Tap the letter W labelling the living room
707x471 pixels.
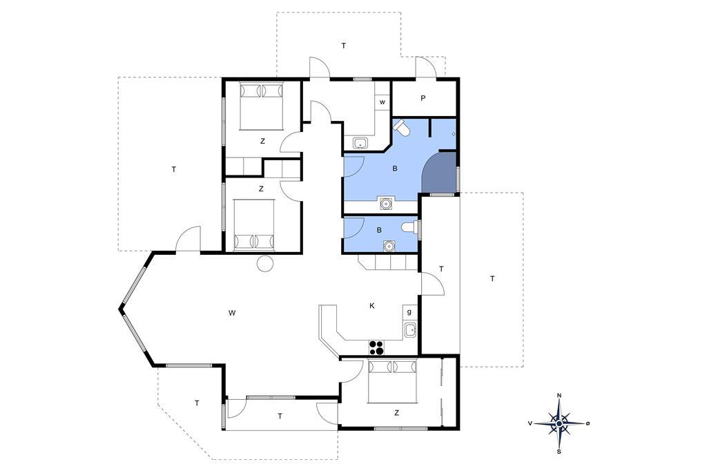(x=232, y=313)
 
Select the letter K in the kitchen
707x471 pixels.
(x=372, y=306)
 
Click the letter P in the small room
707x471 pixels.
(x=423, y=97)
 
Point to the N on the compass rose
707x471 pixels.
(x=559, y=396)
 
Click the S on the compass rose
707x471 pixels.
(x=559, y=451)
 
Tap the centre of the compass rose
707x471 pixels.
(x=559, y=423)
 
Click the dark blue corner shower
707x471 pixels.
(x=439, y=173)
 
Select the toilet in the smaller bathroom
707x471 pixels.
(x=410, y=227)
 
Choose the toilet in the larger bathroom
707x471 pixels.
(x=400, y=127)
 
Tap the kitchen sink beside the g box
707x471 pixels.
(x=410, y=331)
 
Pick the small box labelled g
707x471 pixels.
(x=409, y=312)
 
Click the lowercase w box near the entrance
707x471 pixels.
(x=382, y=102)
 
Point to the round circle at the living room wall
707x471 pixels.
(x=264, y=263)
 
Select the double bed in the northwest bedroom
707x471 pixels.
(x=262, y=106)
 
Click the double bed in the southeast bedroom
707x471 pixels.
(x=392, y=381)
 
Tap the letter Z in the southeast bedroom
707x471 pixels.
(x=396, y=413)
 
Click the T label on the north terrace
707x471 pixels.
(x=344, y=46)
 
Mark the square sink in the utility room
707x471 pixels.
(x=360, y=144)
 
